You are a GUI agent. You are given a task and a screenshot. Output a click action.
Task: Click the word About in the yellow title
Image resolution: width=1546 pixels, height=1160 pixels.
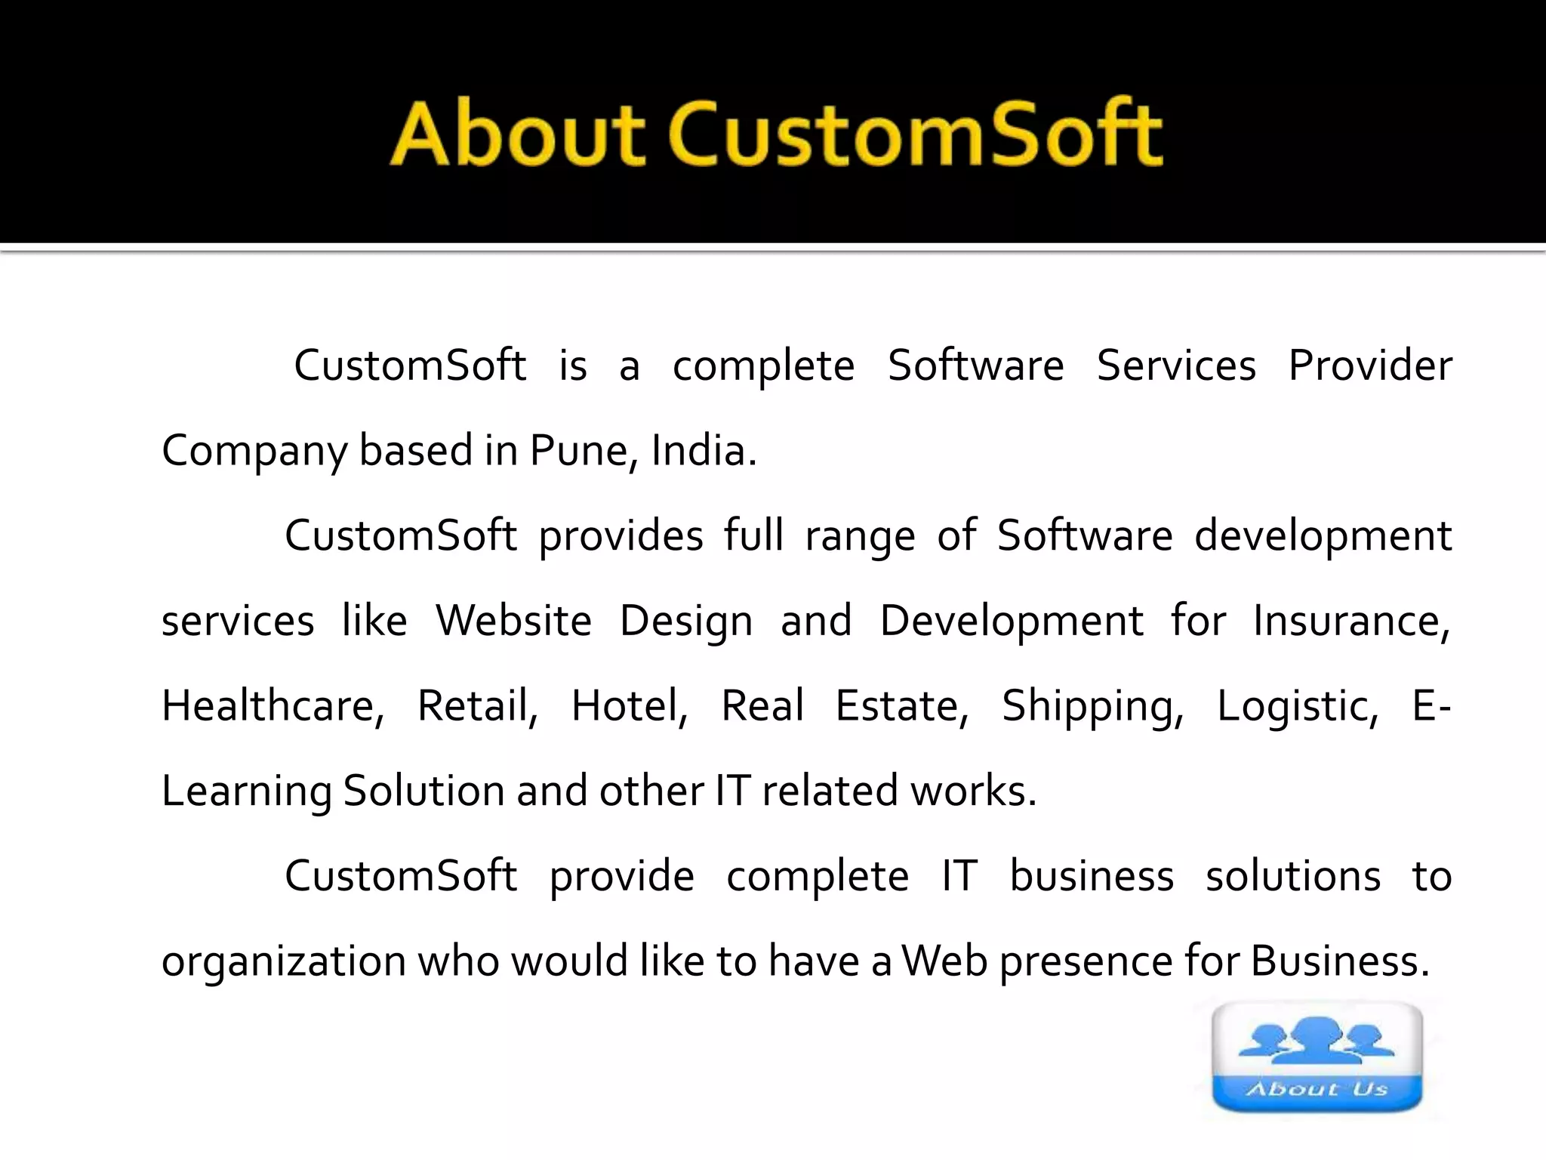[517, 134]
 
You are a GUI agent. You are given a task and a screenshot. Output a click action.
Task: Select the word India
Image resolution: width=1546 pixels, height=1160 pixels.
[702, 451]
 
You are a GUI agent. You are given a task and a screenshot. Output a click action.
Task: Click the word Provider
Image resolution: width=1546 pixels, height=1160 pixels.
[1369, 366]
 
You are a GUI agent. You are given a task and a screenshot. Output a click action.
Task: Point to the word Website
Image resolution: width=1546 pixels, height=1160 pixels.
[513, 621]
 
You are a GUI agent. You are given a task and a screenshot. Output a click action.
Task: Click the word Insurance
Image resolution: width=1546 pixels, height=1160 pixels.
[1350, 621]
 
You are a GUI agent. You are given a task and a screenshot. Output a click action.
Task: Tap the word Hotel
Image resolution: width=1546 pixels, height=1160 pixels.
[629, 706]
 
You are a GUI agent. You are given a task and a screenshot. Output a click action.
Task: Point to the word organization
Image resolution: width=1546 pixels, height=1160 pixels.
[285, 962]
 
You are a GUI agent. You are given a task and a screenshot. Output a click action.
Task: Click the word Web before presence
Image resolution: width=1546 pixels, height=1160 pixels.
[944, 961]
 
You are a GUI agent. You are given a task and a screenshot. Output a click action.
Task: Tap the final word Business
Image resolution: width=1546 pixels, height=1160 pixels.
[1339, 961]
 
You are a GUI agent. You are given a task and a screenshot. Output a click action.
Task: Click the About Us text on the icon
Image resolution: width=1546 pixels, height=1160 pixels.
[1317, 1089]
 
